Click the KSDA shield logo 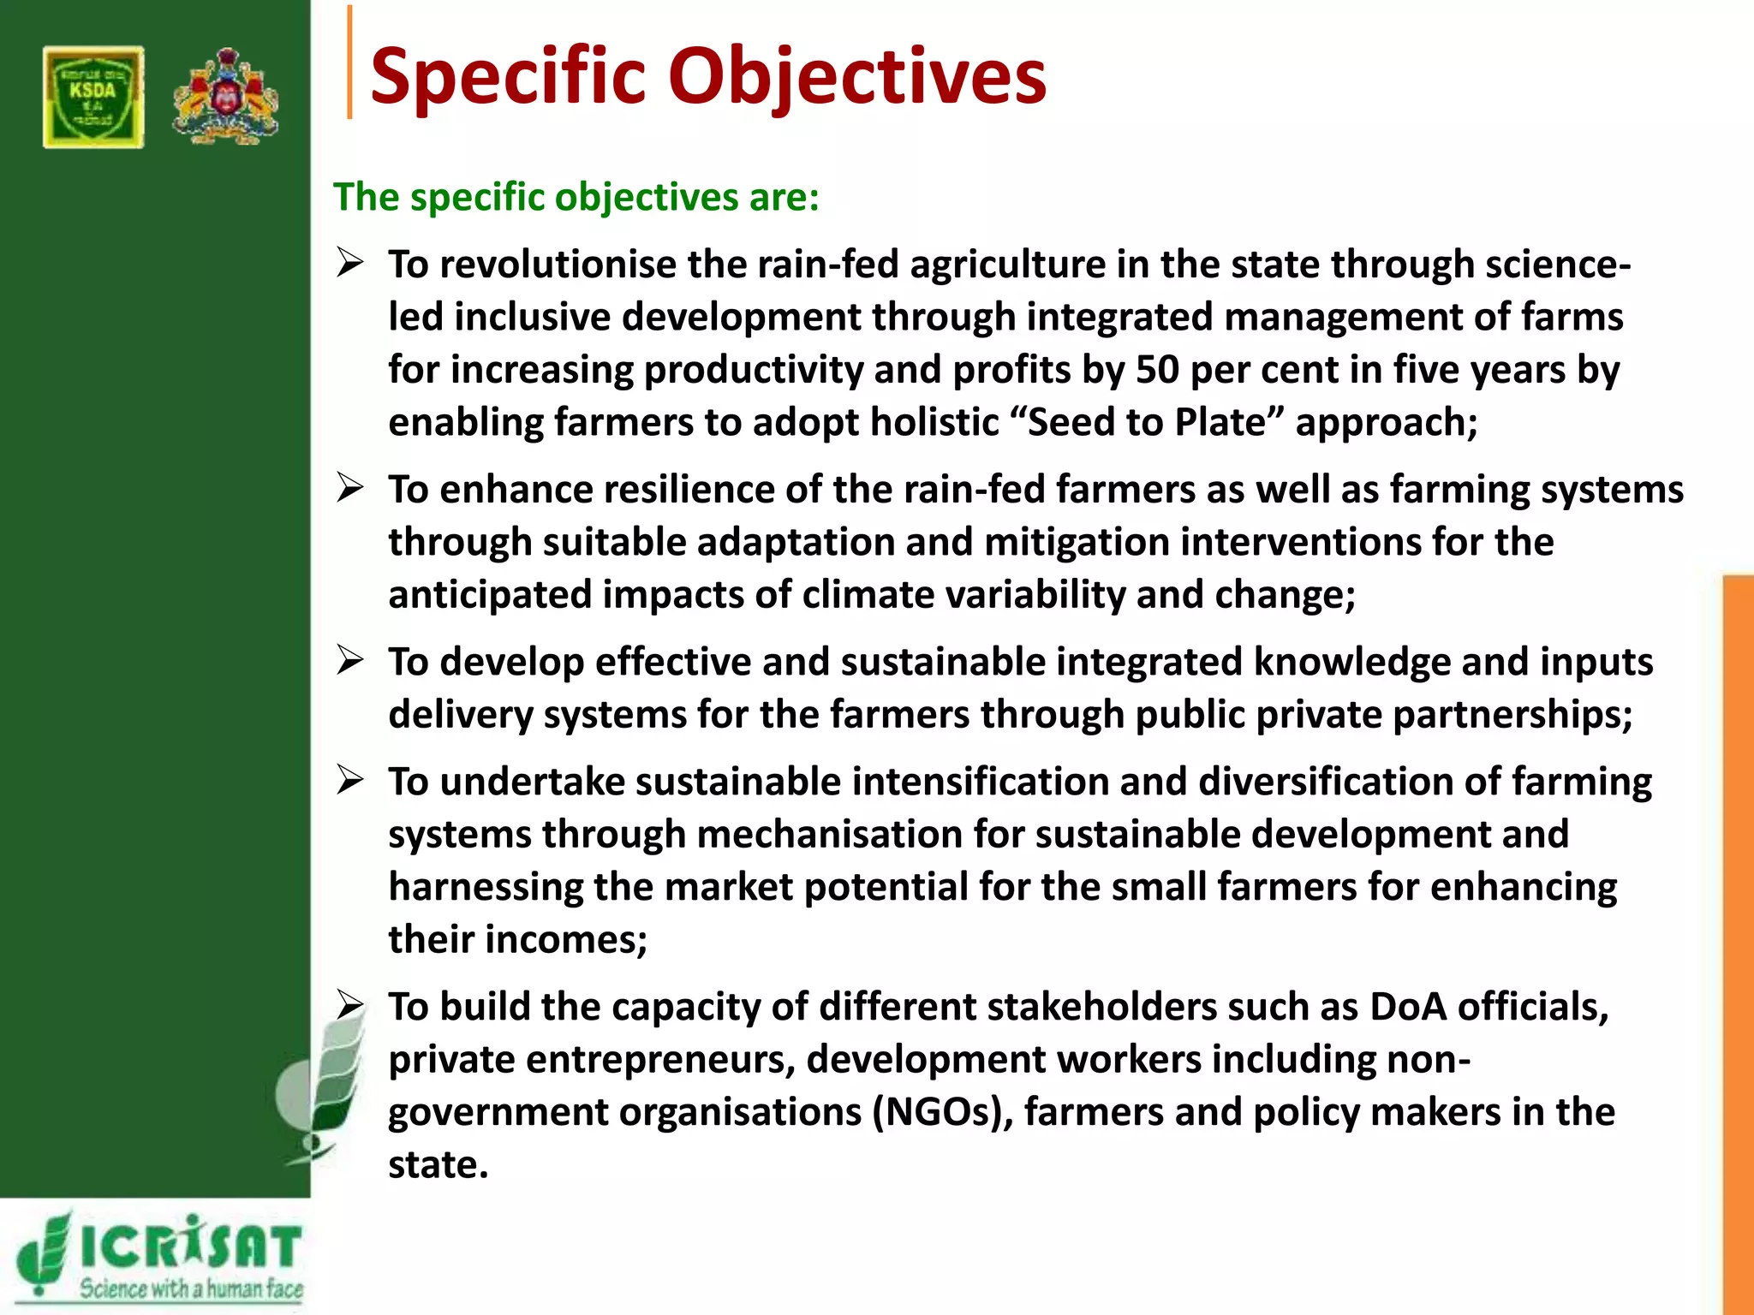point(93,98)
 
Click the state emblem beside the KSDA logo point(225,97)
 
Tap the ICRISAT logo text point(190,1246)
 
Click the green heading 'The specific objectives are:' point(576,197)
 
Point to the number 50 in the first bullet point(1158,370)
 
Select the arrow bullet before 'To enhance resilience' point(350,488)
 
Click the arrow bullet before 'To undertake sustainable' point(350,780)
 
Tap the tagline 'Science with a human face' point(191,1288)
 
